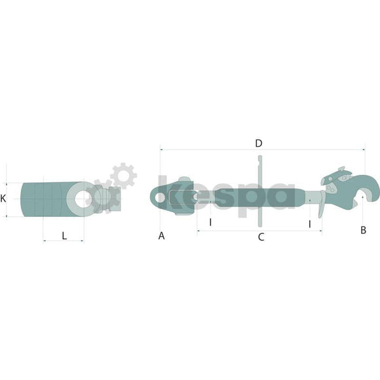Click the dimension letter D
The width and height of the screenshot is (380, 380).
[259, 143]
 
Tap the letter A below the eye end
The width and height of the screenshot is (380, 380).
[161, 236]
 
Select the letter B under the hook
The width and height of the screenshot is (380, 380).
[363, 230]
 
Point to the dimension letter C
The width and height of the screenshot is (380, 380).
[261, 237]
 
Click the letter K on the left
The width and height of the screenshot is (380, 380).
[3, 199]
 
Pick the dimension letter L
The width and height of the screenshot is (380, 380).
[64, 236]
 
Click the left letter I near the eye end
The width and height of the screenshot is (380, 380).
[210, 222]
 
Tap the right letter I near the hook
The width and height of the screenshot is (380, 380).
[309, 224]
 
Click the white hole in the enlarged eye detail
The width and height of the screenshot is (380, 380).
[83, 199]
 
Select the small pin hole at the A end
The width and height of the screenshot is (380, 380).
[160, 197]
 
